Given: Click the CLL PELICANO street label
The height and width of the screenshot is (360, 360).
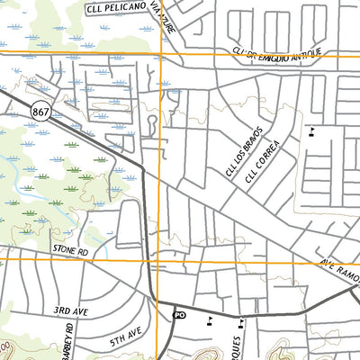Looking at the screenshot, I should tap(116, 9).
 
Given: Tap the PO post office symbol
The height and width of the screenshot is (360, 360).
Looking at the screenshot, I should tap(179, 315).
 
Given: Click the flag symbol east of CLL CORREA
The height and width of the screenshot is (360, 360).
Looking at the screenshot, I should tap(312, 130).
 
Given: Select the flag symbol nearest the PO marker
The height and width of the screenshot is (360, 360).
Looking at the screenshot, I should tap(210, 319).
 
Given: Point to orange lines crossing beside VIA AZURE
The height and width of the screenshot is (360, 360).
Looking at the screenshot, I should tap(161, 53).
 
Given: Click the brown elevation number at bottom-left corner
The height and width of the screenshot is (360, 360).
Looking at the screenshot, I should tap(4, 346).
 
